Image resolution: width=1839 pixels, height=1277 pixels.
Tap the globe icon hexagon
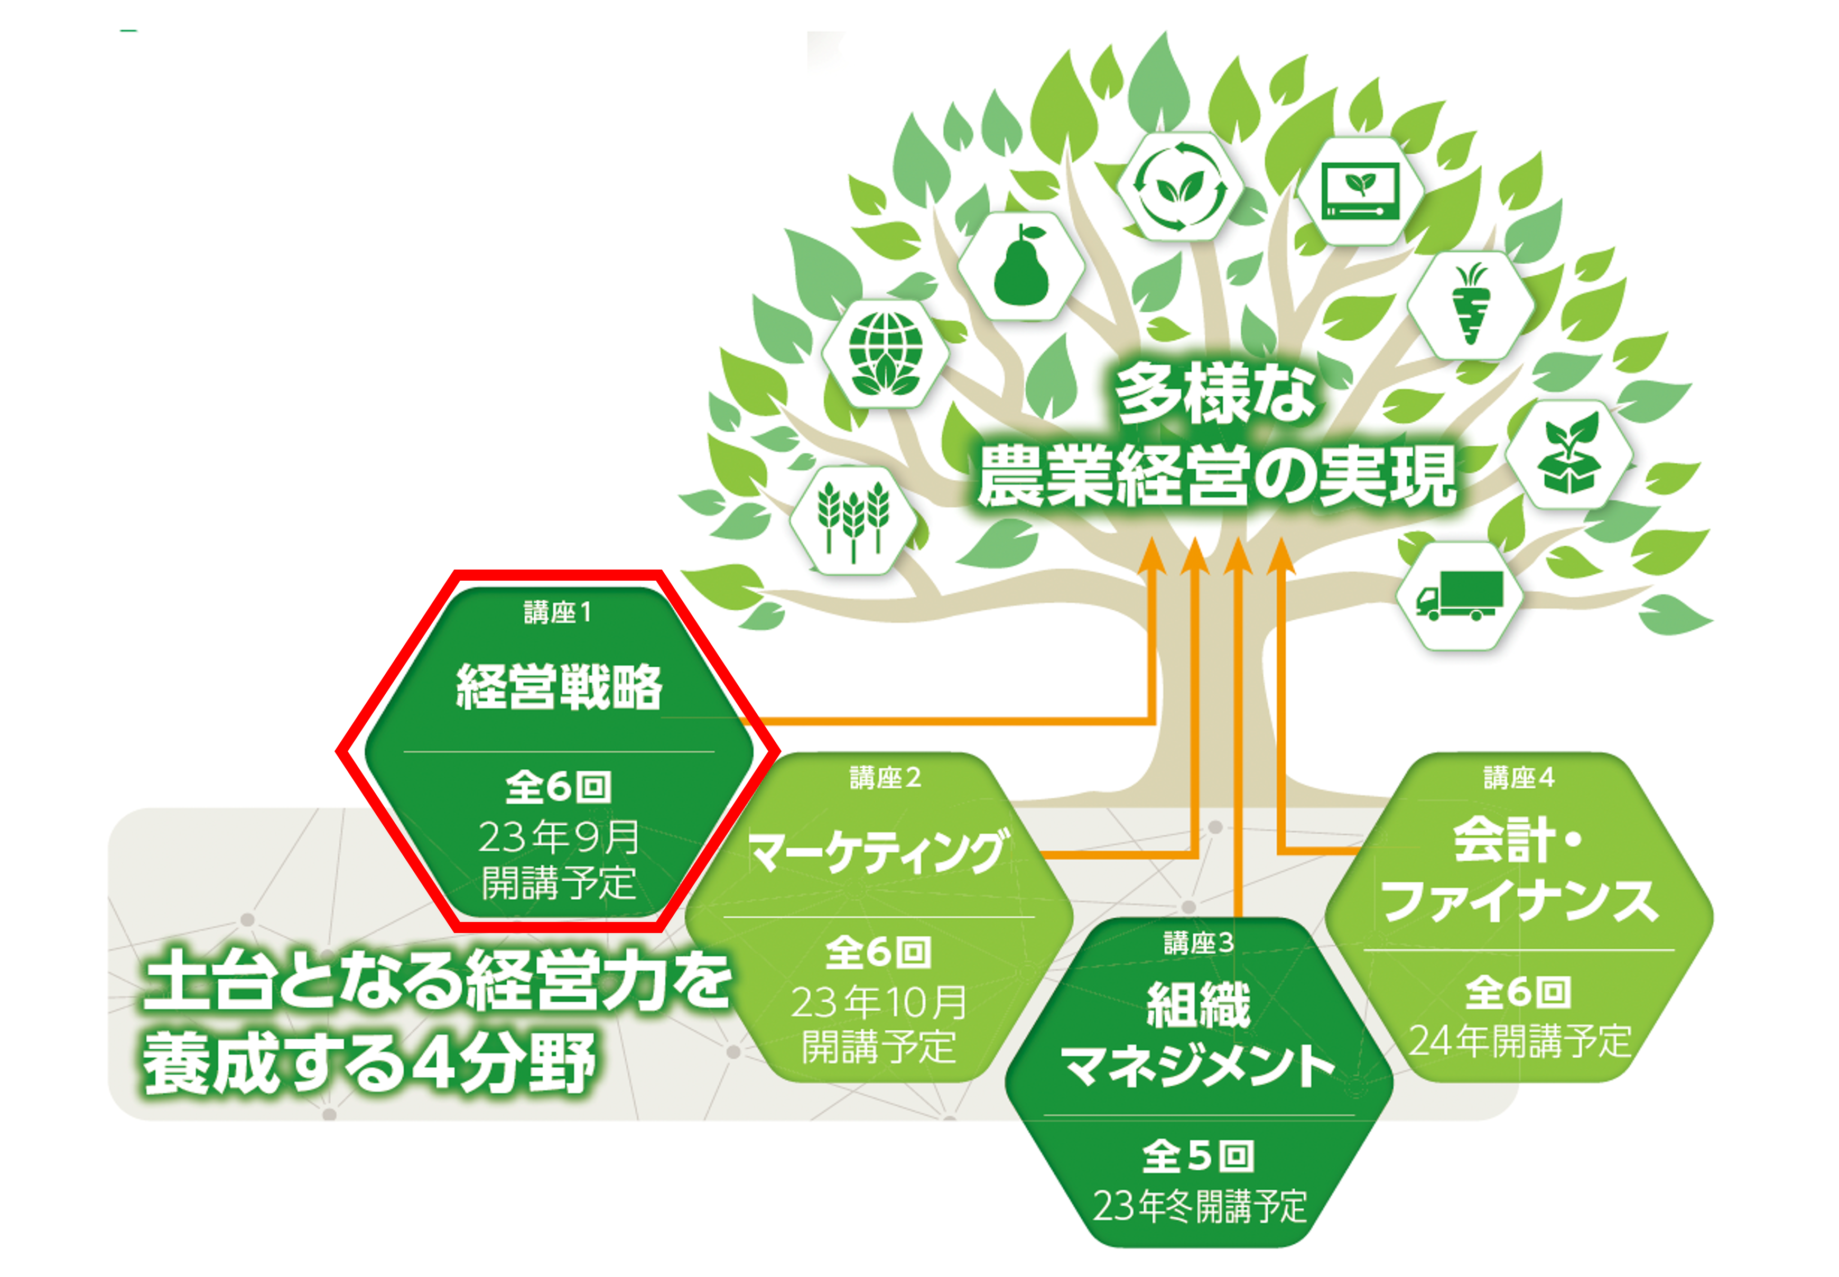(885, 353)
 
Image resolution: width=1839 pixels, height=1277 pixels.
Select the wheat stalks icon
(853, 518)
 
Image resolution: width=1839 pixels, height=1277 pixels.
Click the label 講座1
(558, 612)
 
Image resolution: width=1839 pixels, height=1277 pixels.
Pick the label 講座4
(1518, 778)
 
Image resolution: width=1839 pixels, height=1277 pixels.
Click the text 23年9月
(559, 837)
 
